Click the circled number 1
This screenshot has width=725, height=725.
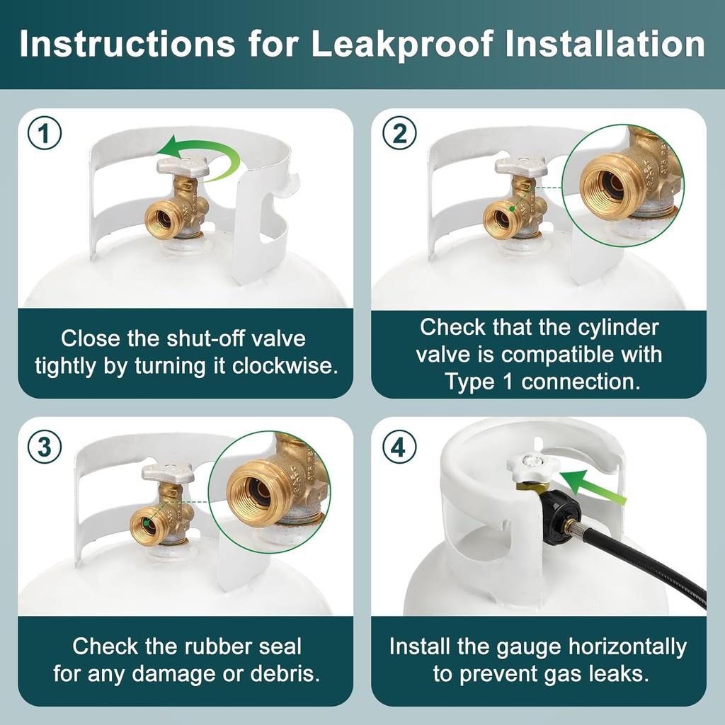pos(45,133)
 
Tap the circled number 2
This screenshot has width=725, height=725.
pos(399,133)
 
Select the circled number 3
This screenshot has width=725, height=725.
pos(45,447)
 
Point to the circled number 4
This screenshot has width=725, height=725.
pos(399,447)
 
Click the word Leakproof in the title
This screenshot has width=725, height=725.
pos(401,45)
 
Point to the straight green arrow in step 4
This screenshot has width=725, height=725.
pos(592,488)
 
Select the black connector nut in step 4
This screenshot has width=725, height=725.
pos(561,518)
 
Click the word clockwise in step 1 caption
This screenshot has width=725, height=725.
pos(285,366)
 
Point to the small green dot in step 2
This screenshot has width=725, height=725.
pos(513,209)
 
